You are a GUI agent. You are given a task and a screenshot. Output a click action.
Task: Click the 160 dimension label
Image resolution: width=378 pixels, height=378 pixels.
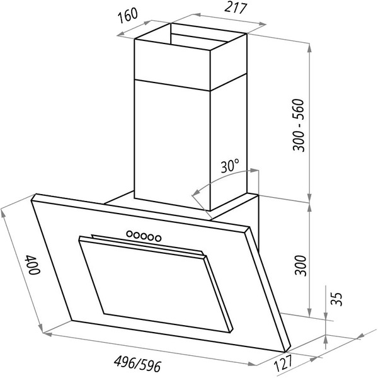click(128, 16)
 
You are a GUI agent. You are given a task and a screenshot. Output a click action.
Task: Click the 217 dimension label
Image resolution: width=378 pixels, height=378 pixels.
click(236, 8)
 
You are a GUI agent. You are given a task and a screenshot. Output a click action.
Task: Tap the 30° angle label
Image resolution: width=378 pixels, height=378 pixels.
click(230, 166)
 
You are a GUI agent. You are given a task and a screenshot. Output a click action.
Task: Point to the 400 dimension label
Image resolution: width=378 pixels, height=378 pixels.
click(33, 265)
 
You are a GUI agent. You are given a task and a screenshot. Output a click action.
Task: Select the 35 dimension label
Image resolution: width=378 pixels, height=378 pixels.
click(336, 299)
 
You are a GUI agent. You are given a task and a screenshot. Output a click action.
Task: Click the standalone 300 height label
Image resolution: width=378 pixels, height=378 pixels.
click(301, 265)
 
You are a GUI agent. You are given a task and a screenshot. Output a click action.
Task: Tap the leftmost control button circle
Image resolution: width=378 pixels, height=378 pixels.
click(130, 233)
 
